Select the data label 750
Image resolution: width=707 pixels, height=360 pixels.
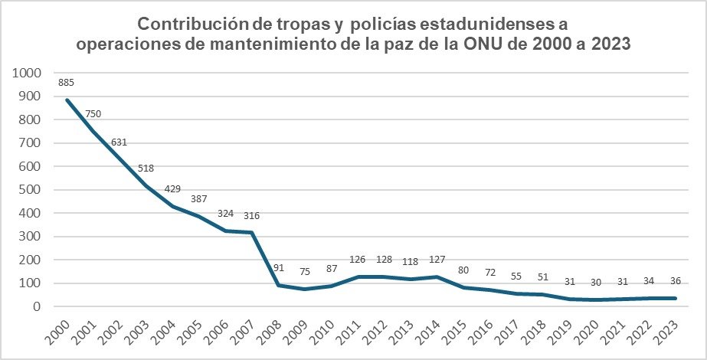click(93, 114)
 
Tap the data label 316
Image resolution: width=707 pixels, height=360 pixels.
click(252, 215)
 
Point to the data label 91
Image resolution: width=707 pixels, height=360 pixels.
click(279, 268)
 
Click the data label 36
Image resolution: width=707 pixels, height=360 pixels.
click(675, 280)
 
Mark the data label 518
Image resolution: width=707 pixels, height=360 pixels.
click(146, 169)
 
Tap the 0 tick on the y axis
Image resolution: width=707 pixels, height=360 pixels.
click(37, 306)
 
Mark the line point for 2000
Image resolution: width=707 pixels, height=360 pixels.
click(67, 100)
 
